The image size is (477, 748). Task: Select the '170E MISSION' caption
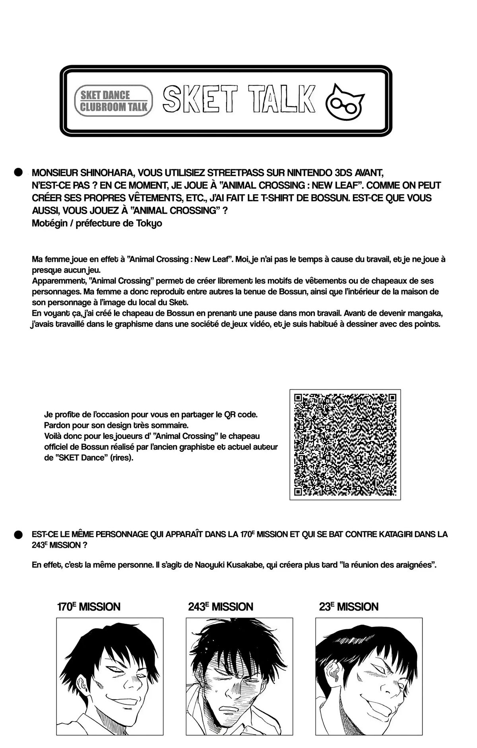(88, 607)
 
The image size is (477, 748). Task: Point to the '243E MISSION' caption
(221, 607)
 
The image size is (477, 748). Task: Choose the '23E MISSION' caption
(349, 607)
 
